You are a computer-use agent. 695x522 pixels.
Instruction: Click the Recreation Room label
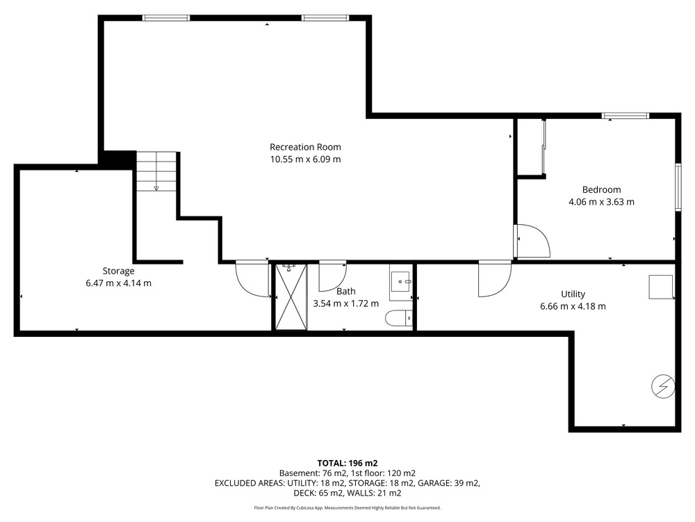(305, 147)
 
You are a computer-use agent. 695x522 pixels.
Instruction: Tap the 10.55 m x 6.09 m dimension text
(305, 159)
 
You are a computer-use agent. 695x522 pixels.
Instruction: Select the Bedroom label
(601, 189)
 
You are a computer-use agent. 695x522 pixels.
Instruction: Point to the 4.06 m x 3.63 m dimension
(601, 202)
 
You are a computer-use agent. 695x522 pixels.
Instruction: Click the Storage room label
(118, 271)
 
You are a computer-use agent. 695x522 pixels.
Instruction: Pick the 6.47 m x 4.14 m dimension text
(118, 283)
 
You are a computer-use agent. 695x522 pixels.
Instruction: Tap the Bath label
(345, 291)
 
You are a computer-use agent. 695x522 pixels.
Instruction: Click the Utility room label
(573, 294)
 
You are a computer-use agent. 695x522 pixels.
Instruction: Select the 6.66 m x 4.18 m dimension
(573, 306)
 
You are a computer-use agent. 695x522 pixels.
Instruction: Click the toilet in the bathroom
(399, 319)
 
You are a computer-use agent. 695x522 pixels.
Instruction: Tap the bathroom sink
(401, 282)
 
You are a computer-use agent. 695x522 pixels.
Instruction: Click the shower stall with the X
(291, 297)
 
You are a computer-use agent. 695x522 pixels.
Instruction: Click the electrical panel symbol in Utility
(663, 386)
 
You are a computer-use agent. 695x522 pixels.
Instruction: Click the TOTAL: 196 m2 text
(347, 464)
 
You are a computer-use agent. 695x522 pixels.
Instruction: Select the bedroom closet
(531, 148)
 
